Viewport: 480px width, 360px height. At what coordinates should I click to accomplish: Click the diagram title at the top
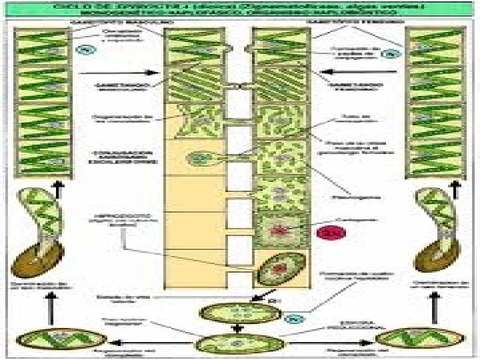pyautogui.click(x=240, y=9)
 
